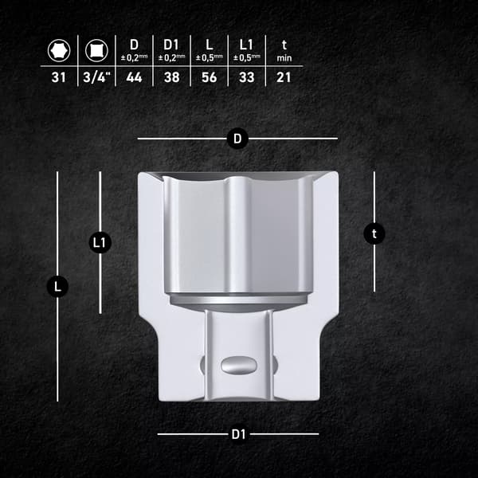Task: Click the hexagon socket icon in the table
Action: [59, 50]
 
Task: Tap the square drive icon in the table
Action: [96, 50]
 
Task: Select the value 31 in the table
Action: [58, 77]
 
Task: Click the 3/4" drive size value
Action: [96, 77]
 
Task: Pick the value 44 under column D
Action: [134, 77]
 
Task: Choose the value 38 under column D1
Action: [171, 77]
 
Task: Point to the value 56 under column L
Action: [209, 77]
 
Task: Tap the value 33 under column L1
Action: [247, 77]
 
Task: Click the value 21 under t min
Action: [284, 77]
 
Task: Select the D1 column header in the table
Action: [171, 45]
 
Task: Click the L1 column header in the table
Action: [246, 45]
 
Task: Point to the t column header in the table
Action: [284, 45]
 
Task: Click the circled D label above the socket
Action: [237, 139]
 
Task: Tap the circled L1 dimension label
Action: [100, 243]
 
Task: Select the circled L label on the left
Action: [57, 287]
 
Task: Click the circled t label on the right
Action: [374, 233]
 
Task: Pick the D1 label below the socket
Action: [239, 434]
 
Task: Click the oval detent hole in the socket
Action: [239, 365]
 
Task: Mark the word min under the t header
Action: [284, 58]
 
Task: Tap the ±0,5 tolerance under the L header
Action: [210, 57]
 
